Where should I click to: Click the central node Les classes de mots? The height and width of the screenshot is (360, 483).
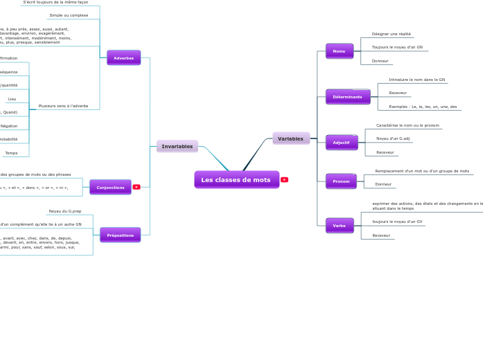coord(236,180)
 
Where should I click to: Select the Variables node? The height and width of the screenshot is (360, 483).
coord(291,138)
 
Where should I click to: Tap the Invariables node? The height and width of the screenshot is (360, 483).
coord(177,146)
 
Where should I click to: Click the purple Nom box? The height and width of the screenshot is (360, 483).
coord(340,51)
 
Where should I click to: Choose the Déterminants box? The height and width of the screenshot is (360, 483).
coord(348,97)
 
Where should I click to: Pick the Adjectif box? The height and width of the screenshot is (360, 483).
coord(342,143)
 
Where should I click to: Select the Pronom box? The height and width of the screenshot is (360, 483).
coord(341,181)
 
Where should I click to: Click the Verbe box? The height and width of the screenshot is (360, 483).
coord(340,226)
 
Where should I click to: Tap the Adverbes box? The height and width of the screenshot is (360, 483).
coord(124,58)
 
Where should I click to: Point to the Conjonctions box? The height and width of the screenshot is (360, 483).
coord(111,188)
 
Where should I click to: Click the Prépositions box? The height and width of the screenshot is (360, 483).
coord(121,235)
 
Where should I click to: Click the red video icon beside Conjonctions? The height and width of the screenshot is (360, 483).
coord(137,187)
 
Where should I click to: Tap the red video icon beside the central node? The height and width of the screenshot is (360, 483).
coord(284,180)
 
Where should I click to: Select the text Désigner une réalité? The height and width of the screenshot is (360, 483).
coord(392,34)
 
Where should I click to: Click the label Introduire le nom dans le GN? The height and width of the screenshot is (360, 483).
coord(417,80)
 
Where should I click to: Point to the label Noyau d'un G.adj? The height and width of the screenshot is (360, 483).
coord(393,138)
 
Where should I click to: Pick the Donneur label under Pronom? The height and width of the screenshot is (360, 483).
coord(383,184)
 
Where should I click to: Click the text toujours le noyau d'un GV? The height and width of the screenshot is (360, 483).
coord(397,222)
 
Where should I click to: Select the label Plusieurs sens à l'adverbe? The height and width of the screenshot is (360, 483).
coord(63,106)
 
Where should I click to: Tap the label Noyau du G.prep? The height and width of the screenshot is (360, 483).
coord(65,211)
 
